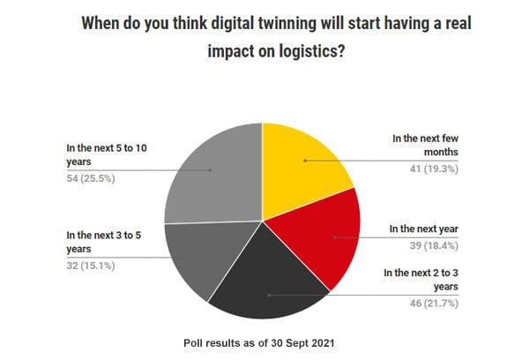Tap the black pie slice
260,278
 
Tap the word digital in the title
218,23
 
